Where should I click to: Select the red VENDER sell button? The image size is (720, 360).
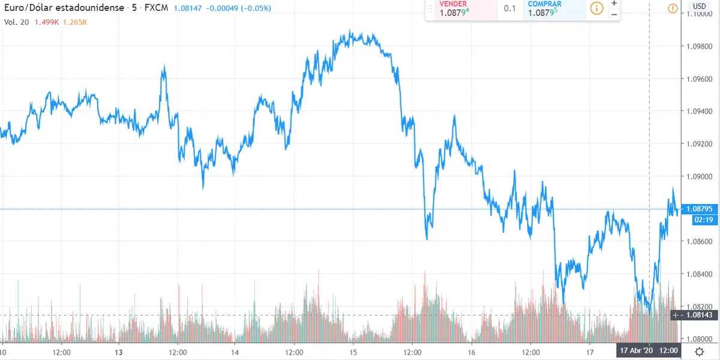461,9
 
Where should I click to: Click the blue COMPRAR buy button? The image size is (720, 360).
553,9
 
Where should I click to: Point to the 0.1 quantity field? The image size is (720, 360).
509,9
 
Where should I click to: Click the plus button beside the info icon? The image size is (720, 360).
614,4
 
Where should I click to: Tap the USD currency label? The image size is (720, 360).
699,7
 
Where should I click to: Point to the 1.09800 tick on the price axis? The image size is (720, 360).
699,46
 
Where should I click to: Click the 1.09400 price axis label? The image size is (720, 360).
699,112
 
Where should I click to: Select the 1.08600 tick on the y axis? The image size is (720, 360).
699,241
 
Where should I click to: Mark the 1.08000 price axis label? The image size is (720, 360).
699,338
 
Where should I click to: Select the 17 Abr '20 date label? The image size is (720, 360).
638,350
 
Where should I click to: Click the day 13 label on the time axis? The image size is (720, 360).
119,352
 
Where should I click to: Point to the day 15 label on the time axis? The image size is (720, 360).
353,352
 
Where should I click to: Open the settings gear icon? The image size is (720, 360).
700,352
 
